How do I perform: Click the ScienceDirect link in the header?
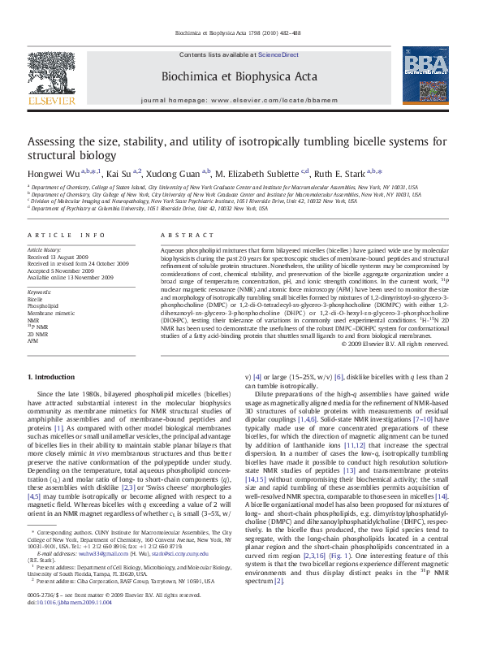(278, 54)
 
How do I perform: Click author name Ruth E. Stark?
(341, 172)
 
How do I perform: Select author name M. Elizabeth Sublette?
(259, 172)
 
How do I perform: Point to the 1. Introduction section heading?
(52, 377)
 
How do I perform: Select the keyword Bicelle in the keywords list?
(35, 300)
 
